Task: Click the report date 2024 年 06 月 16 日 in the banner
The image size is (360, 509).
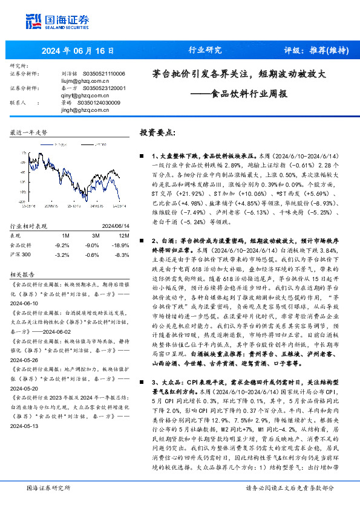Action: coord(78,50)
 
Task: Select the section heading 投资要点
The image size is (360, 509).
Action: coord(157,132)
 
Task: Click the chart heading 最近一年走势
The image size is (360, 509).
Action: coord(29,132)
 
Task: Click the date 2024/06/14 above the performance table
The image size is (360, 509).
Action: coord(110,225)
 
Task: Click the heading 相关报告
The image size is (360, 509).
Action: coord(25,274)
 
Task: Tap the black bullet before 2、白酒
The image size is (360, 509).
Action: coord(143,241)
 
